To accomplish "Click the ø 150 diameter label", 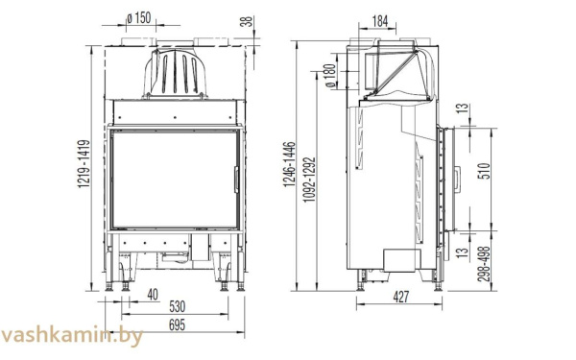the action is click(139, 18).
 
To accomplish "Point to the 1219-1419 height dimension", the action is click(84, 163).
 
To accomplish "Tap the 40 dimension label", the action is click(153, 295).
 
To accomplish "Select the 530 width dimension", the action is click(177, 306).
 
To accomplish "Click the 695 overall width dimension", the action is click(177, 325).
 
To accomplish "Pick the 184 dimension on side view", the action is click(380, 22).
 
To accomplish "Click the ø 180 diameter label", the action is click(330, 76).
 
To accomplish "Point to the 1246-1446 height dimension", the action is click(289, 164).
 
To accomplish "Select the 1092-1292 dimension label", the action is click(310, 180).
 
